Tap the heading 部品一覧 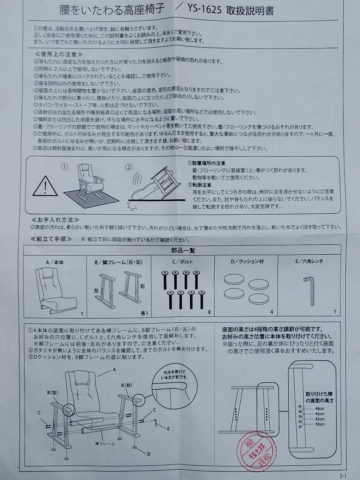[x=183, y=251]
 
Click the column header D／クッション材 [x=247, y=261]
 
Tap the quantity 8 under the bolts [x=209, y=312]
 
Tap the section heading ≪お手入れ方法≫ [x=56, y=220]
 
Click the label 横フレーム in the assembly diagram [x=104, y=444]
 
